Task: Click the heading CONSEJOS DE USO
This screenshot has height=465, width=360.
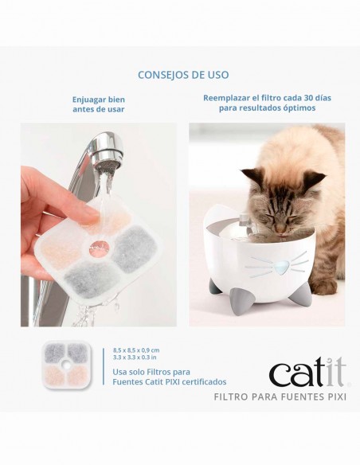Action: point(183,75)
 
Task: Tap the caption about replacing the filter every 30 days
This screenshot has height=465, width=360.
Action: point(267,105)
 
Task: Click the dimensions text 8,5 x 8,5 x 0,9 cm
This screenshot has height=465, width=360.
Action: point(136,350)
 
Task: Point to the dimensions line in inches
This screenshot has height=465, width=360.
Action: point(135,358)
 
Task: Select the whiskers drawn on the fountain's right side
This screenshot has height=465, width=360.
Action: point(292,263)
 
